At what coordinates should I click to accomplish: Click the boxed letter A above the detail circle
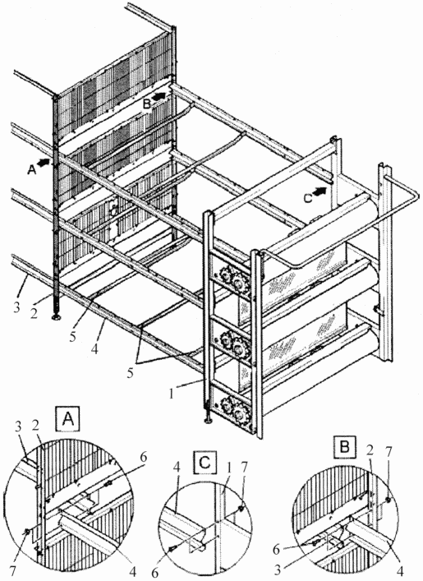coord(68,419)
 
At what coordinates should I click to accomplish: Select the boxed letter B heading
coord(344,448)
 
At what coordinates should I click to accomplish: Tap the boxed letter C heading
coord(205,463)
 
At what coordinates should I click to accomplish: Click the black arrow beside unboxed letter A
coord(45,163)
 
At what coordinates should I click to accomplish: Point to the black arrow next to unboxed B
coord(159,97)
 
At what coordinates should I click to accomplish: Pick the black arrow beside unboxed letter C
coord(321,191)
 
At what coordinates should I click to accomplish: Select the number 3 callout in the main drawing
coord(16,308)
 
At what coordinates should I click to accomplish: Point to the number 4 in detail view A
coord(132,572)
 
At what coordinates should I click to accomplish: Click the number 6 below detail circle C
coord(155,573)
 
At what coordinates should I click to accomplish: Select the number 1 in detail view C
coord(229,468)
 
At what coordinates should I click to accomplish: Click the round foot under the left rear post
coord(57,318)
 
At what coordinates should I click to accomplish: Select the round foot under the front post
coord(209,420)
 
